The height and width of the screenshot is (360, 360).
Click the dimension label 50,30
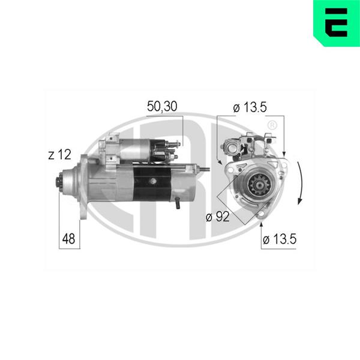coord(162,106)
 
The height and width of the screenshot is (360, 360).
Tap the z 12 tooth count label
coord(59,155)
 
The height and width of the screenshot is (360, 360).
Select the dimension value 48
coord(68,239)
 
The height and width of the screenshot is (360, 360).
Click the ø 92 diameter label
coord(218,217)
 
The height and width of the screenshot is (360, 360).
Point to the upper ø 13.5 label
coord(250,107)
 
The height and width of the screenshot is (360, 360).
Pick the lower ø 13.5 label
coord(280,239)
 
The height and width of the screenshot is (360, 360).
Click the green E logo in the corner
coord(337,23)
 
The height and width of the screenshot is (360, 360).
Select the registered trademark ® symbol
coord(272,125)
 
